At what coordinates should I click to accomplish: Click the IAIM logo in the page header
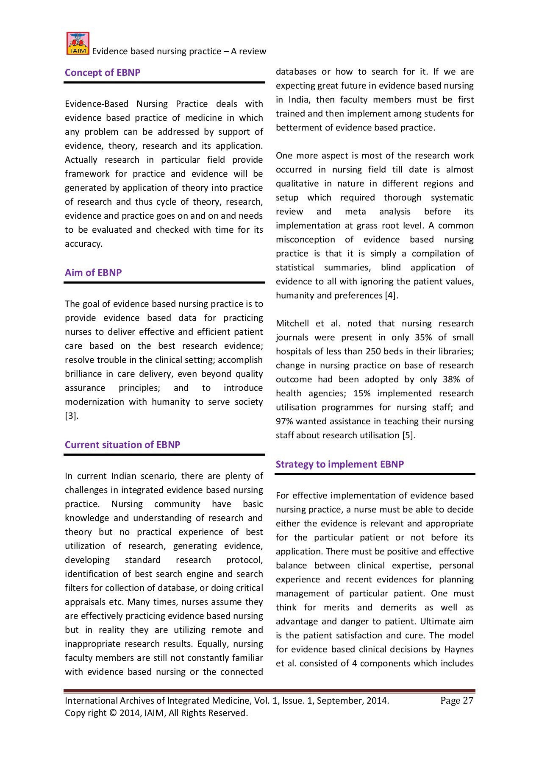[78, 44]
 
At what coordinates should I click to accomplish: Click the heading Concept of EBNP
[103, 72]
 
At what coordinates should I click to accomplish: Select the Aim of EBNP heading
[93, 273]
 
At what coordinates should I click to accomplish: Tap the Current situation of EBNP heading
[122, 445]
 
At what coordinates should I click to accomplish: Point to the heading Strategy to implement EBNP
[340, 464]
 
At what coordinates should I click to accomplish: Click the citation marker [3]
[71, 416]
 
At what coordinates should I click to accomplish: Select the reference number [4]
[391, 295]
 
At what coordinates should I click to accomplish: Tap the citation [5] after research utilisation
[408, 435]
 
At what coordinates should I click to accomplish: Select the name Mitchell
[292, 323]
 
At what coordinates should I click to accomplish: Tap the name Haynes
[459, 649]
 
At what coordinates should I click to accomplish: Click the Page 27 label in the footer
[456, 701]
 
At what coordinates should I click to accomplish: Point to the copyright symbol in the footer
[113, 713]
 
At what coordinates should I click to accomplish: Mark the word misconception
[305, 239]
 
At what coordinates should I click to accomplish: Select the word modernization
[94, 402]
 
